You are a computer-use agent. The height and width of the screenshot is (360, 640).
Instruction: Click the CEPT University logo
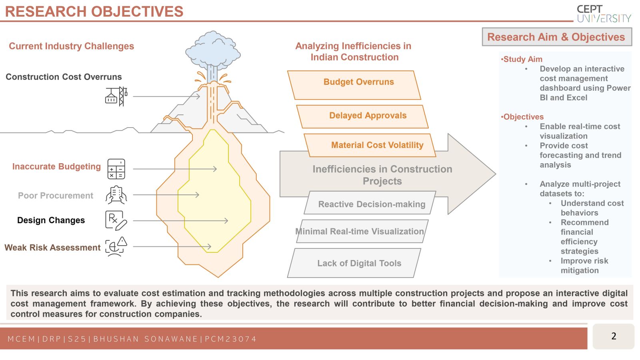pyautogui.click(x=604, y=14)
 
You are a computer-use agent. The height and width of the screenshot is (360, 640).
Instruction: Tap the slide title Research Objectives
pyautogui.click(x=94, y=12)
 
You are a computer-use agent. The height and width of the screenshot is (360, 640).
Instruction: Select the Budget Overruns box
pyautogui.click(x=354, y=85)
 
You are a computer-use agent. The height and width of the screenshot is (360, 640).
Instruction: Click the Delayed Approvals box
pyautogui.click(x=362, y=116)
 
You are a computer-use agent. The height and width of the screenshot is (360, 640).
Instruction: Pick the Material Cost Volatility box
pyautogui.click(x=370, y=145)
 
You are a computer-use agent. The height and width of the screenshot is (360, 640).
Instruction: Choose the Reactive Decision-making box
pyautogui.click(x=370, y=202)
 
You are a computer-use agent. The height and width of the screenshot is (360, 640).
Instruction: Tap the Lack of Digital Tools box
pyautogui.click(x=354, y=263)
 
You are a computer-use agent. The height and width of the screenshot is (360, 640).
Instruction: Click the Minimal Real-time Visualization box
pyautogui.click(x=362, y=231)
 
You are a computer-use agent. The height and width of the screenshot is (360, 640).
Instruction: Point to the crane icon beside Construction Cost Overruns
pyautogui.click(x=116, y=96)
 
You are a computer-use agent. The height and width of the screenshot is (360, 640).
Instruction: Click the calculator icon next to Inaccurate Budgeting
pyautogui.click(x=116, y=169)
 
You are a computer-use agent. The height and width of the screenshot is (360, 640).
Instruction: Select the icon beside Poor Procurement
pyautogui.click(x=116, y=195)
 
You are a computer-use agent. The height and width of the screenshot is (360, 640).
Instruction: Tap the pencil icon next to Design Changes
pyautogui.click(x=116, y=220)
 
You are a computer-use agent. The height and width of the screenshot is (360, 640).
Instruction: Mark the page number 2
pyautogui.click(x=614, y=336)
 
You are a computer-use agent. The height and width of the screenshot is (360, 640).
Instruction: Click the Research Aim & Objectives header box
pyautogui.click(x=557, y=37)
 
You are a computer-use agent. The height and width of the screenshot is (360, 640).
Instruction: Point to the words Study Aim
pyautogui.click(x=523, y=59)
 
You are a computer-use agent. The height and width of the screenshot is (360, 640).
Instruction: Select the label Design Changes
pyautogui.click(x=51, y=220)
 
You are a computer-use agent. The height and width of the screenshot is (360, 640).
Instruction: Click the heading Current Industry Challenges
pyautogui.click(x=72, y=46)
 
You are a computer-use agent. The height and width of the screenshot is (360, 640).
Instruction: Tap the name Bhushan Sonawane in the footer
pyautogui.click(x=146, y=339)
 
